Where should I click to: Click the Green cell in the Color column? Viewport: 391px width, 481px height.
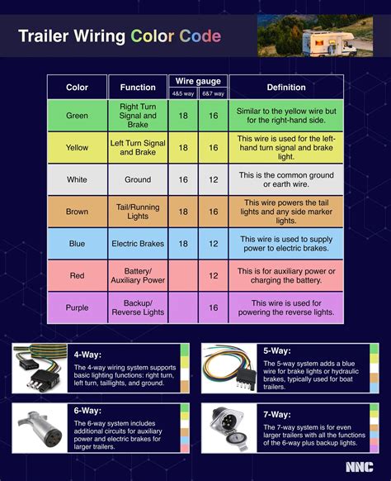click(77, 116)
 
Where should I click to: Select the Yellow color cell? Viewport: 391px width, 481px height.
click(77, 147)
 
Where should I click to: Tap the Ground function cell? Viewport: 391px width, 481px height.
click(138, 179)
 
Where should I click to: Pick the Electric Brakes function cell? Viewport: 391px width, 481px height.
click(138, 244)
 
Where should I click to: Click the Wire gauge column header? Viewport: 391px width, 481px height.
click(198, 81)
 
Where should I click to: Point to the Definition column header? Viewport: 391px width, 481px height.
click(286, 87)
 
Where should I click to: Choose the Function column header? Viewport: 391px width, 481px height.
click(138, 87)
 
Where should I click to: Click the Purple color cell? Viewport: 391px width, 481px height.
click(77, 308)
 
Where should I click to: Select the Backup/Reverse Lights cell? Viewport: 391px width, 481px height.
click(138, 308)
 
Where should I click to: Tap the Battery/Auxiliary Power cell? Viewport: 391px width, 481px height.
click(138, 276)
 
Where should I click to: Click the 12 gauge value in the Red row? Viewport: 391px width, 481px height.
click(213, 276)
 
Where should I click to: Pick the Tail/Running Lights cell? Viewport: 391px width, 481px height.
click(138, 212)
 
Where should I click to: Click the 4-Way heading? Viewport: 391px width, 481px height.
click(87, 351)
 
